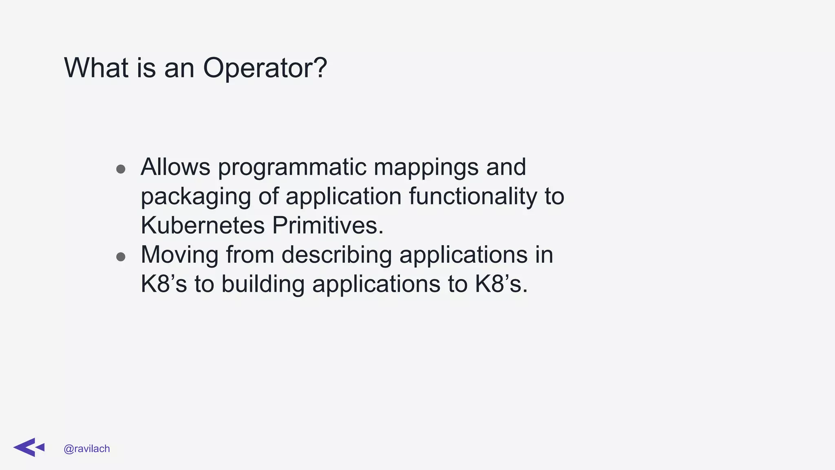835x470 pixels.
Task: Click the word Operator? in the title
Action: [x=265, y=68]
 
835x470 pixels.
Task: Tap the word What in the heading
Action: [x=96, y=68]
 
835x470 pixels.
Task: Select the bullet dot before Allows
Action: [x=121, y=169]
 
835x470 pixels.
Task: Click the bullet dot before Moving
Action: [x=121, y=257]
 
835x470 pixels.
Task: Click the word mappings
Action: [x=426, y=167]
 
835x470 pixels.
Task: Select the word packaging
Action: [x=196, y=197]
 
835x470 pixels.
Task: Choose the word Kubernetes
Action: [x=203, y=225]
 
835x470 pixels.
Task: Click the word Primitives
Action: [x=328, y=225]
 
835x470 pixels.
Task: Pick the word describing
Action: [x=336, y=255]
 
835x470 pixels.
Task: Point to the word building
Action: [x=263, y=284]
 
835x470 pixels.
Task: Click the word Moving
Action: [x=180, y=255]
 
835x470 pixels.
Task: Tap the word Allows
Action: [x=176, y=167]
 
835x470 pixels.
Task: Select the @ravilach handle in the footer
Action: [x=87, y=449]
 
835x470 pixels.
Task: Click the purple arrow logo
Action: [x=29, y=448]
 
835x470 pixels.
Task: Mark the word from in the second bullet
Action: [x=250, y=255]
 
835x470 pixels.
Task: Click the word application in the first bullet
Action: [x=344, y=197]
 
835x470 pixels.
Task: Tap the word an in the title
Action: [x=179, y=68]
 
